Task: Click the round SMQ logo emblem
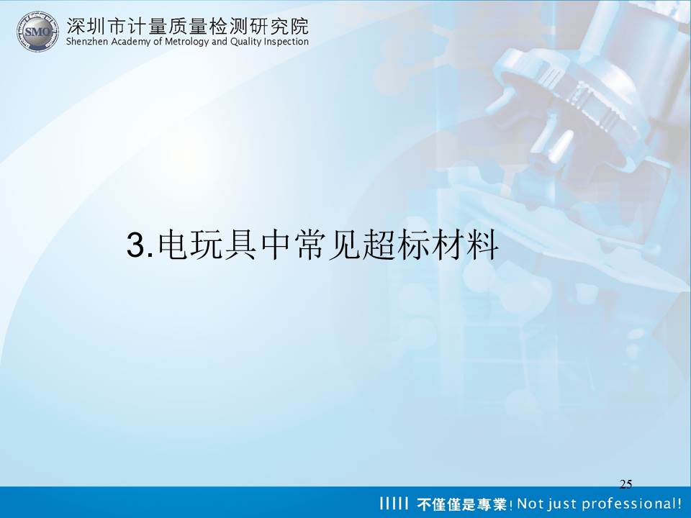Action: point(38,31)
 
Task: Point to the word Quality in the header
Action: point(245,42)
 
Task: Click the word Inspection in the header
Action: point(286,42)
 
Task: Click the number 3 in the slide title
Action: point(136,245)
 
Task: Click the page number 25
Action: point(625,484)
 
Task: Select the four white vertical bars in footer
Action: point(392,504)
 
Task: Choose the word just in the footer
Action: point(561,504)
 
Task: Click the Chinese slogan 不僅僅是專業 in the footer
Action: point(461,504)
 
